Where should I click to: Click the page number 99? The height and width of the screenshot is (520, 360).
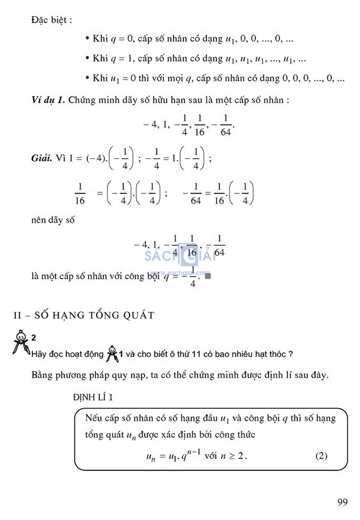click(x=342, y=502)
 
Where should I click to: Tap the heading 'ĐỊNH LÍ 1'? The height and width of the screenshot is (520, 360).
click(x=93, y=397)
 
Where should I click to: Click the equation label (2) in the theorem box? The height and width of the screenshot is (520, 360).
click(x=321, y=456)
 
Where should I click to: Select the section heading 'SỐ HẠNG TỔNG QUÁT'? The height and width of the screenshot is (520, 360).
click(x=94, y=315)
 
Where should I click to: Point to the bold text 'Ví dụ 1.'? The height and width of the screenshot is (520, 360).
click(x=48, y=100)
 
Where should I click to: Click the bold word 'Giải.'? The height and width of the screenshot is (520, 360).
click(x=41, y=158)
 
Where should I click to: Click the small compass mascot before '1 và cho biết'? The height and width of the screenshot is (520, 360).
click(x=112, y=354)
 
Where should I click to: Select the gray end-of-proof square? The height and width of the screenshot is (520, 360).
click(x=208, y=276)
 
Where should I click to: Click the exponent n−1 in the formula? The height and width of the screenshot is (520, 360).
click(x=194, y=452)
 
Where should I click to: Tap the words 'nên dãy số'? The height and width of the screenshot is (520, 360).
click(x=53, y=220)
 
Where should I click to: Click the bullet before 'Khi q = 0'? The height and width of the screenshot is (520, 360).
click(x=87, y=38)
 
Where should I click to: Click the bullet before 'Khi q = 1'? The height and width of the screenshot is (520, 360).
click(x=87, y=58)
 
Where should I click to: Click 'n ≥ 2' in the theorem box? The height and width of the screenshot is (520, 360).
click(x=233, y=456)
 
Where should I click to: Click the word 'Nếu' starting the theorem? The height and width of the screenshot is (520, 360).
click(x=93, y=418)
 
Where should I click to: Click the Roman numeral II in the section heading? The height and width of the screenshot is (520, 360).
click(x=17, y=315)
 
